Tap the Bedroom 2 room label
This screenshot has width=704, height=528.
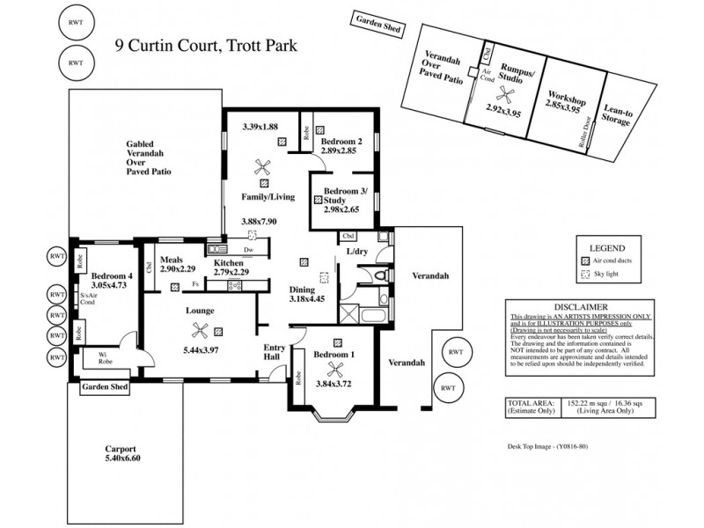coord(341,142)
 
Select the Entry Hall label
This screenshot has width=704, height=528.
coord(275,353)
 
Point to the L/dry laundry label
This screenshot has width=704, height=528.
coord(356,253)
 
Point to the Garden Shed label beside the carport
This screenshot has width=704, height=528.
coord(104,386)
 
